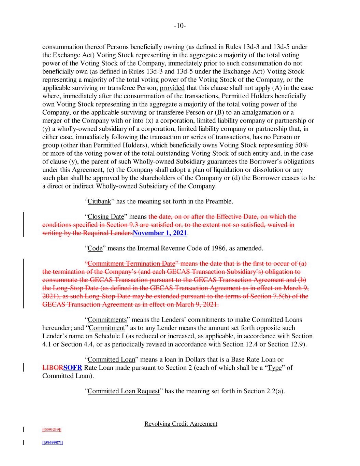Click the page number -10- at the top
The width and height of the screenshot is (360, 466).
pyautogui.click(x=180, y=26)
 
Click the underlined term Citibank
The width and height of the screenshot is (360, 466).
pyautogui.click(x=99, y=201)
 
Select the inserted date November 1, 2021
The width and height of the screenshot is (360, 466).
pyautogui.click(x=160, y=233)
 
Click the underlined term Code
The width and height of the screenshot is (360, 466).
pyautogui.click(x=95, y=248)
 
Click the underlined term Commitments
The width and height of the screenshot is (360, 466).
pyautogui.click(x=107, y=320)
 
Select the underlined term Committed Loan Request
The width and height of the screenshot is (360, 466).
pyautogui.click(x=124, y=391)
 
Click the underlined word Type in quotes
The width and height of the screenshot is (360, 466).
pyautogui.click(x=274, y=368)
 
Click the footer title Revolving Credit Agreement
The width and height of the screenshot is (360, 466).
pyautogui.click(x=181, y=424)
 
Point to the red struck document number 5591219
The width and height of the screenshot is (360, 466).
pyautogui.click(x=52, y=430)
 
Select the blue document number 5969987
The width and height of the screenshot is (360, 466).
pyautogui.click(x=52, y=442)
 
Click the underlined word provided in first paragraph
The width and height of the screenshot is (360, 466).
pyautogui.click(x=172, y=88)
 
